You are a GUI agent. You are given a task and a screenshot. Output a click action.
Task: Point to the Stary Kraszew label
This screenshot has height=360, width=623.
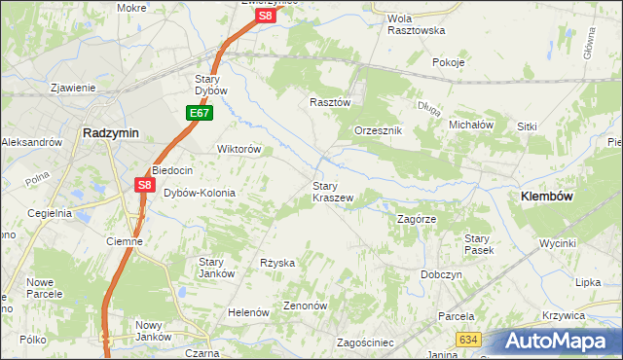pos(332,191)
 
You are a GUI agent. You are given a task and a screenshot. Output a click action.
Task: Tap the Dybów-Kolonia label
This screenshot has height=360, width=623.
pos(199,193)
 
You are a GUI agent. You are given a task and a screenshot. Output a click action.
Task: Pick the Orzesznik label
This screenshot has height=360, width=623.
pos(378,130)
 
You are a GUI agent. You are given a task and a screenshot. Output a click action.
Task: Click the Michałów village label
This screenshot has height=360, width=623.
pos(472,125)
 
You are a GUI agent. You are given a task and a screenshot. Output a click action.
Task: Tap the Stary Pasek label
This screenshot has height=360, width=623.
pos(478,244)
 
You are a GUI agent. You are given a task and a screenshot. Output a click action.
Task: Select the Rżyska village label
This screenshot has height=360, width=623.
pos(277,263)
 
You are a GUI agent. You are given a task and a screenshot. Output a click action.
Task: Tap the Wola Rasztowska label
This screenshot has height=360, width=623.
pos(416,24)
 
